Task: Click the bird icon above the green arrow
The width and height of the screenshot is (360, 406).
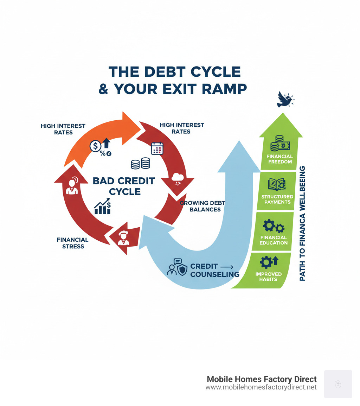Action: point(285,100)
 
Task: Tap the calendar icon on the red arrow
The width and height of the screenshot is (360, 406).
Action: point(157,148)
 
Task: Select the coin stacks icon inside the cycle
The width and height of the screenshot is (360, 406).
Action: point(140,164)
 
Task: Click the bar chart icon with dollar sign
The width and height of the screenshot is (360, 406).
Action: point(103,207)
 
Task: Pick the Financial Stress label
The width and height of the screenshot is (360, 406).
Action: point(72,243)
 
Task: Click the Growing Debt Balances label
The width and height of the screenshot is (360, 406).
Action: point(202,206)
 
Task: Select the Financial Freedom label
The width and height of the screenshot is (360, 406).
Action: point(279,159)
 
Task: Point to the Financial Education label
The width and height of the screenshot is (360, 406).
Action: point(274,240)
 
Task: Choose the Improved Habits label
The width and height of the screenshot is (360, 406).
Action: point(269,277)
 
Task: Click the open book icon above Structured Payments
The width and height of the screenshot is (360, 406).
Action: point(277,184)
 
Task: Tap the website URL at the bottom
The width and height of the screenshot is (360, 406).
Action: point(261,387)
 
